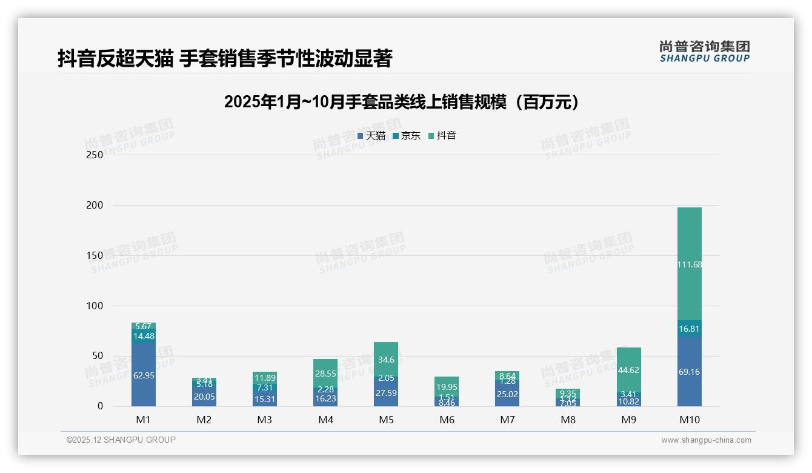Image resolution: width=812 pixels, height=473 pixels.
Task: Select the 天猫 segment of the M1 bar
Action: (144, 375)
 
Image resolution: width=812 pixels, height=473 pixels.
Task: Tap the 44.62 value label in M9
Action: (628, 370)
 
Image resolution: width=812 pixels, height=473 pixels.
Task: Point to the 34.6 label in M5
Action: (386, 360)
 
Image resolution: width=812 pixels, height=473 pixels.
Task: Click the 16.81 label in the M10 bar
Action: (689, 329)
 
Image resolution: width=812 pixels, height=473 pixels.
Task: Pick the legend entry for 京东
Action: (407, 136)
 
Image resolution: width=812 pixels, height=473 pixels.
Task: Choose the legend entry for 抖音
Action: (442, 136)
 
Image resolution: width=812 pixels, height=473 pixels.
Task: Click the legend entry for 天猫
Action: (371, 136)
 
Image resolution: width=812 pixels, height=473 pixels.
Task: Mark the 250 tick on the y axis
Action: (95, 155)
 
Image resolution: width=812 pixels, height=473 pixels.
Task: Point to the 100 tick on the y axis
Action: (95, 306)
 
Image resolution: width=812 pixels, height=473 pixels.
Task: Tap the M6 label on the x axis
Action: (447, 420)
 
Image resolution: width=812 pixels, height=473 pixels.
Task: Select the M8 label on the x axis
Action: (568, 420)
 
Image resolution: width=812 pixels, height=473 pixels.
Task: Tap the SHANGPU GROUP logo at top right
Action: (704, 52)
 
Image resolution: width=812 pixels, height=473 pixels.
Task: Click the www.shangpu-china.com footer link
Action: (706, 440)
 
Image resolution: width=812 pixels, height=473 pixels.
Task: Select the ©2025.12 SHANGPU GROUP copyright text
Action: (121, 440)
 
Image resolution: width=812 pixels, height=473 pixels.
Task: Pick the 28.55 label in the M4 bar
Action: (325, 374)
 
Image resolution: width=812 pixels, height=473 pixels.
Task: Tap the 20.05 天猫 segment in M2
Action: (204, 397)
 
